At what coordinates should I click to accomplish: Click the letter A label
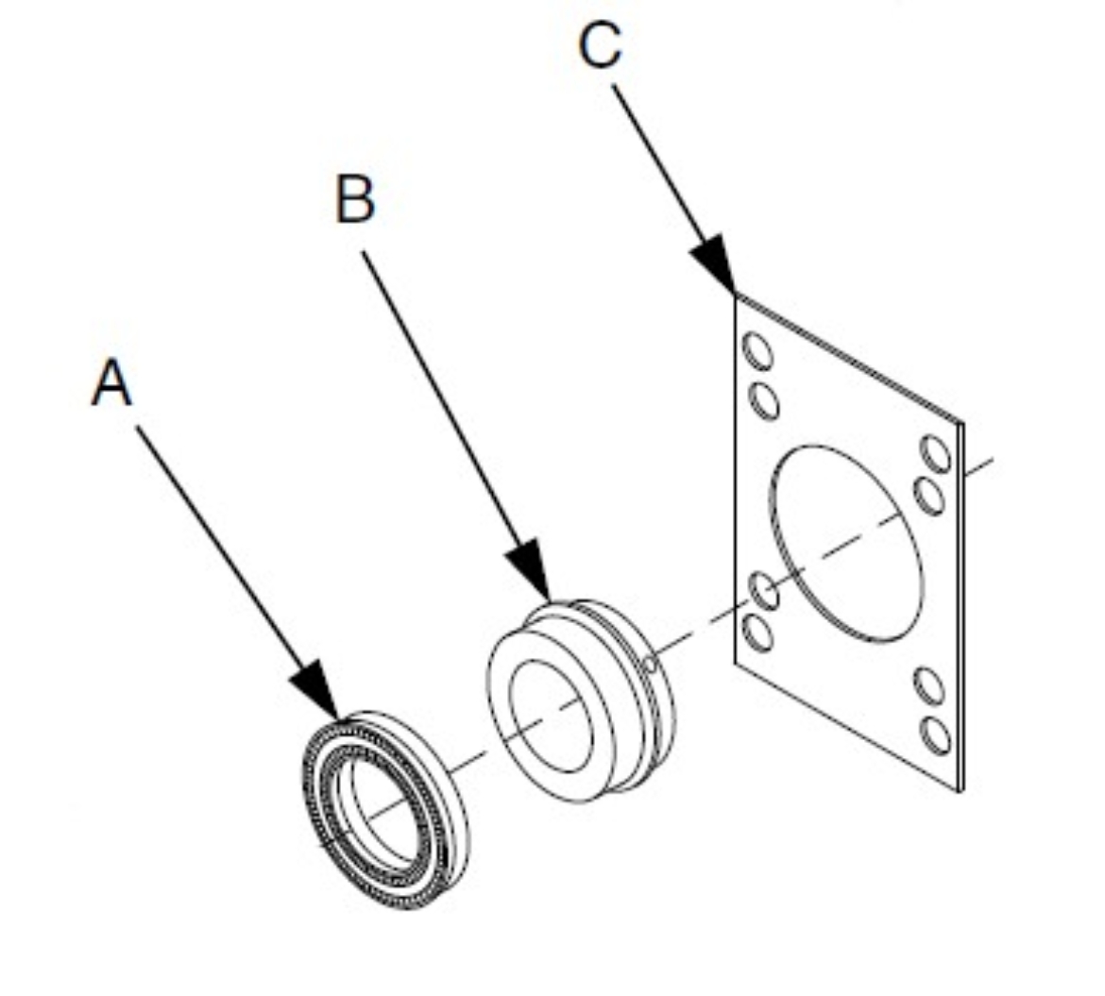click(x=111, y=385)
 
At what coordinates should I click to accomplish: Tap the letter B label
click(x=355, y=200)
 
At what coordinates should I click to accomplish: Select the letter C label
click(x=602, y=45)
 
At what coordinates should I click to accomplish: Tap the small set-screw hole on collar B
click(x=650, y=666)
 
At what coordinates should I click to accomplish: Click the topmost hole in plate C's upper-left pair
click(x=758, y=353)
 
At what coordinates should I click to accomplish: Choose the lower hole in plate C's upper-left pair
click(x=765, y=401)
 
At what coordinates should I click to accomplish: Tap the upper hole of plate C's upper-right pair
click(x=937, y=454)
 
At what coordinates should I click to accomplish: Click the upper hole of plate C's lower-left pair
click(x=764, y=591)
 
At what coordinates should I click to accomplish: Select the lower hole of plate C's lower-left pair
click(x=758, y=632)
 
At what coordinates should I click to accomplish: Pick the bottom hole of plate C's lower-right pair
click(x=937, y=734)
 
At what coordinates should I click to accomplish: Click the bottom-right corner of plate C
click(x=960, y=789)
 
